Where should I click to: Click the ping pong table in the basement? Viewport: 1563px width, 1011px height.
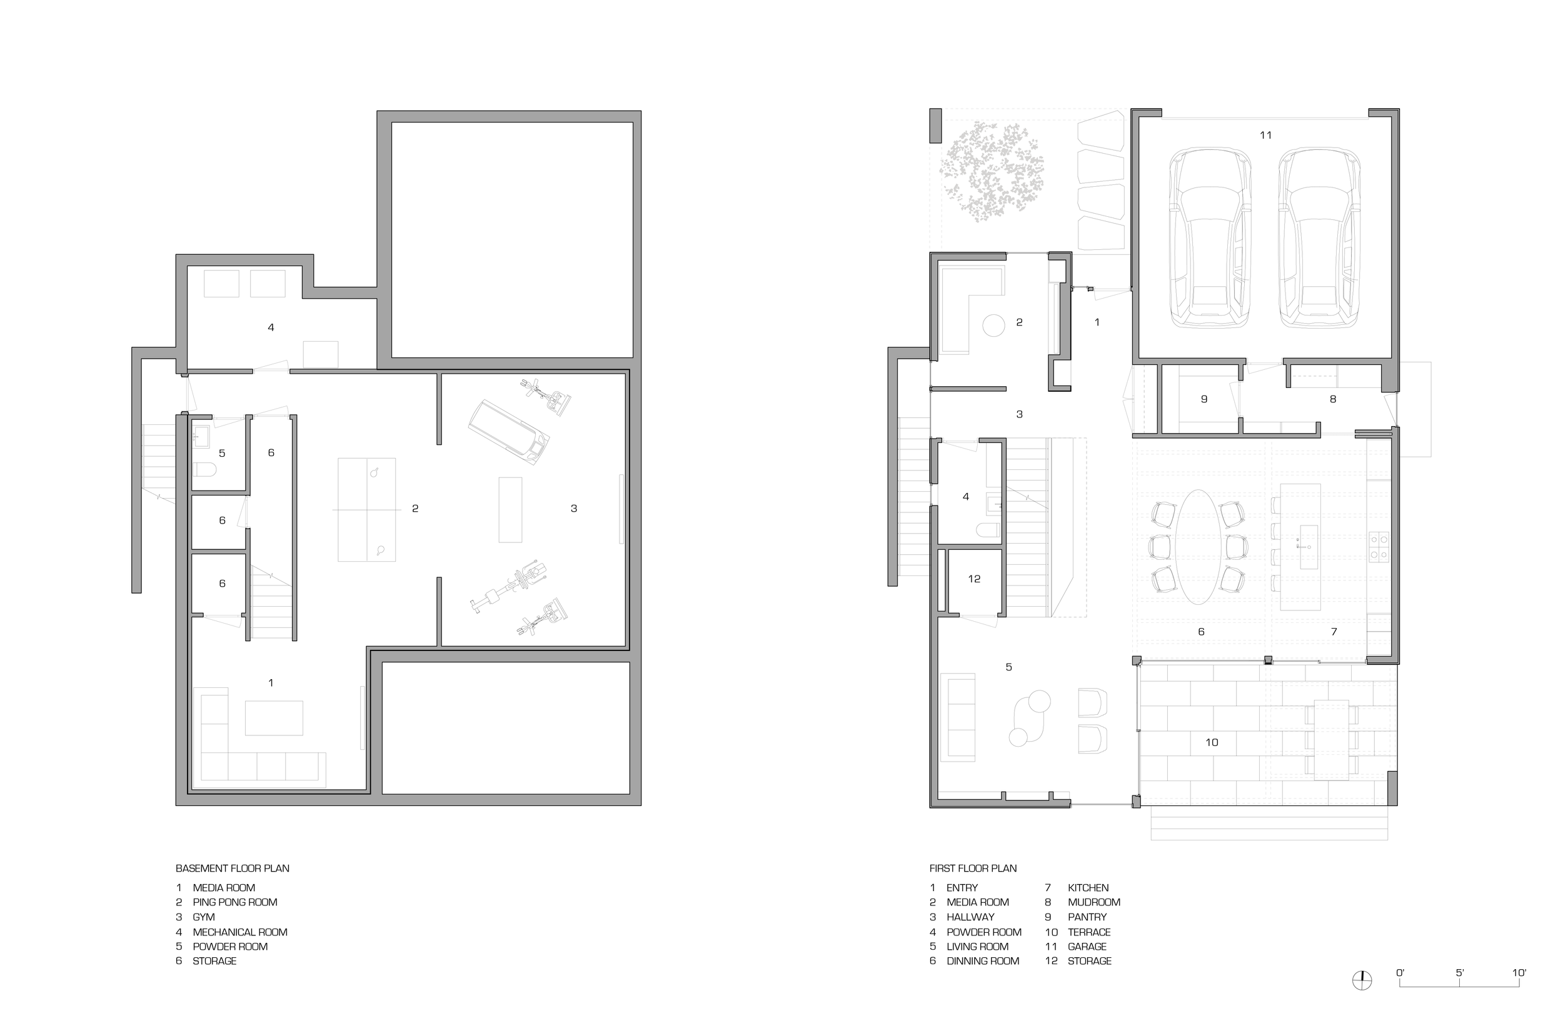[x=366, y=509]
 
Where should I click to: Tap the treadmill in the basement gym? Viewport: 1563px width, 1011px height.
[x=508, y=432]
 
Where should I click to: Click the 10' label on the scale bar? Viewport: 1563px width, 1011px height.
[x=1519, y=973]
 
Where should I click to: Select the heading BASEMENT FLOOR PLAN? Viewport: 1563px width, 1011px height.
[x=232, y=869]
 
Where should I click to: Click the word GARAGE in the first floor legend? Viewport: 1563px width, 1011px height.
[x=1087, y=947]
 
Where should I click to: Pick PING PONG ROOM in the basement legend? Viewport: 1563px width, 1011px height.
[x=234, y=903]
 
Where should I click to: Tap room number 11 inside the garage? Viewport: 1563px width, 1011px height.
[x=1265, y=135]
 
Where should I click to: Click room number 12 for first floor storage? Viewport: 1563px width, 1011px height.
[x=974, y=579]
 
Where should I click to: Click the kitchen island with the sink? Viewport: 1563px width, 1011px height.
[x=1300, y=547]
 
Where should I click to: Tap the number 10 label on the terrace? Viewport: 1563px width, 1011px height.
[x=1212, y=742]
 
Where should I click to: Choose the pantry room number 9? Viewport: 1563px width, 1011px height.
[x=1204, y=399]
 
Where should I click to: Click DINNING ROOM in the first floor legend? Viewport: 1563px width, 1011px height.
[x=982, y=961]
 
